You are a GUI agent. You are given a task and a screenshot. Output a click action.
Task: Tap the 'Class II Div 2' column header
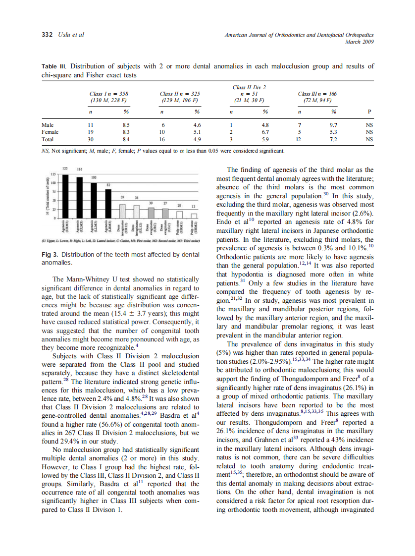(x=249, y=88)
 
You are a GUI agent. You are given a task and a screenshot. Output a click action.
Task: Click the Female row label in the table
(x=51, y=132)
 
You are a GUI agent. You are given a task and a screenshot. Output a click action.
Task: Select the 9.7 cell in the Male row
(x=333, y=125)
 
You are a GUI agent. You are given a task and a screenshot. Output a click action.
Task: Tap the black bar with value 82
(x=107, y=203)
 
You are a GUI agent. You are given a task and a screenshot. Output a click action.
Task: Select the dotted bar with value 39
(x=122, y=210)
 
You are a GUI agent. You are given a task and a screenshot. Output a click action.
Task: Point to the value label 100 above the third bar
(x=93, y=177)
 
